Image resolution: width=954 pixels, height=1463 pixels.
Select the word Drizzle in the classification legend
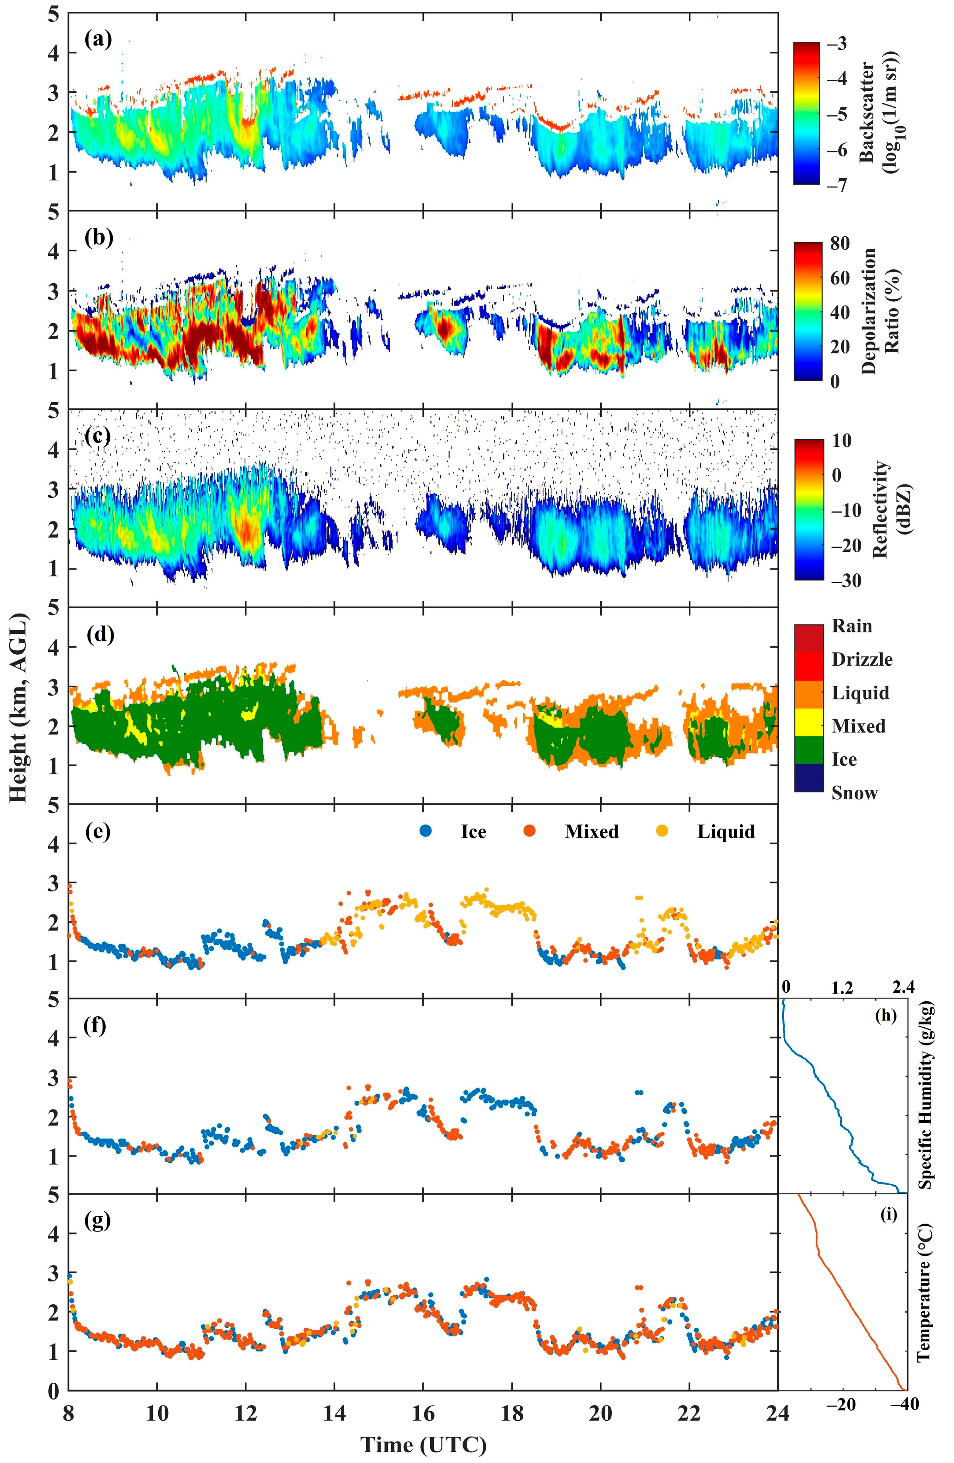click(862, 659)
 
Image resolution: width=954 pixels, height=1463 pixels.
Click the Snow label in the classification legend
click(854, 793)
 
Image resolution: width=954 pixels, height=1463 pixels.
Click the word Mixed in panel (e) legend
click(591, 832)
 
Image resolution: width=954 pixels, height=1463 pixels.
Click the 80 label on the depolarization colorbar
click(840, 243)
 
